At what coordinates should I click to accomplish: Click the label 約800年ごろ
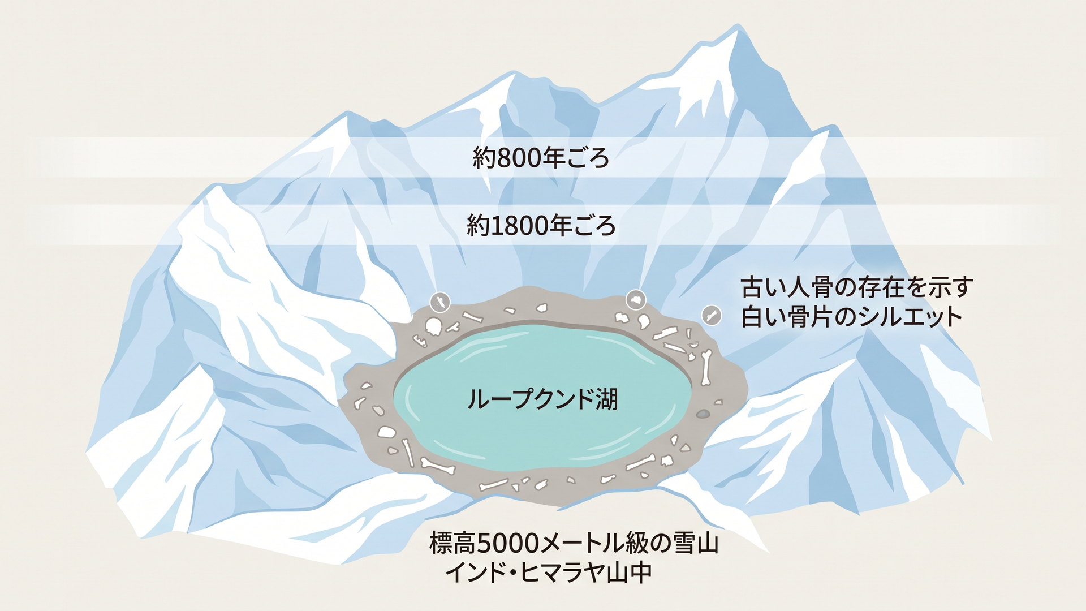[x=541, y=158]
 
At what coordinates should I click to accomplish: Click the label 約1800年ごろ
[x=541, y=226]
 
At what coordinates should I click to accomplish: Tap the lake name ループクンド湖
[x=542, y=399]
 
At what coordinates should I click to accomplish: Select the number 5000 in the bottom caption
[x=509, y=544]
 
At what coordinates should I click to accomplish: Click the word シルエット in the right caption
[x=911, y=317]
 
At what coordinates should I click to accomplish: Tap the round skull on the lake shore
[x=433, y=326]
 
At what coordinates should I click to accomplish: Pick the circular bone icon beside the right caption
[x=712, y=315]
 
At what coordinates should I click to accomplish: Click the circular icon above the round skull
[x=439, y=303]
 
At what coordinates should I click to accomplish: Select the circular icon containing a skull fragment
[x=636, y=300]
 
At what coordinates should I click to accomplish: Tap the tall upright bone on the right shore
[x=705, y=368]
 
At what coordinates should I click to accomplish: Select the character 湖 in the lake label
[x=606, y=399]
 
